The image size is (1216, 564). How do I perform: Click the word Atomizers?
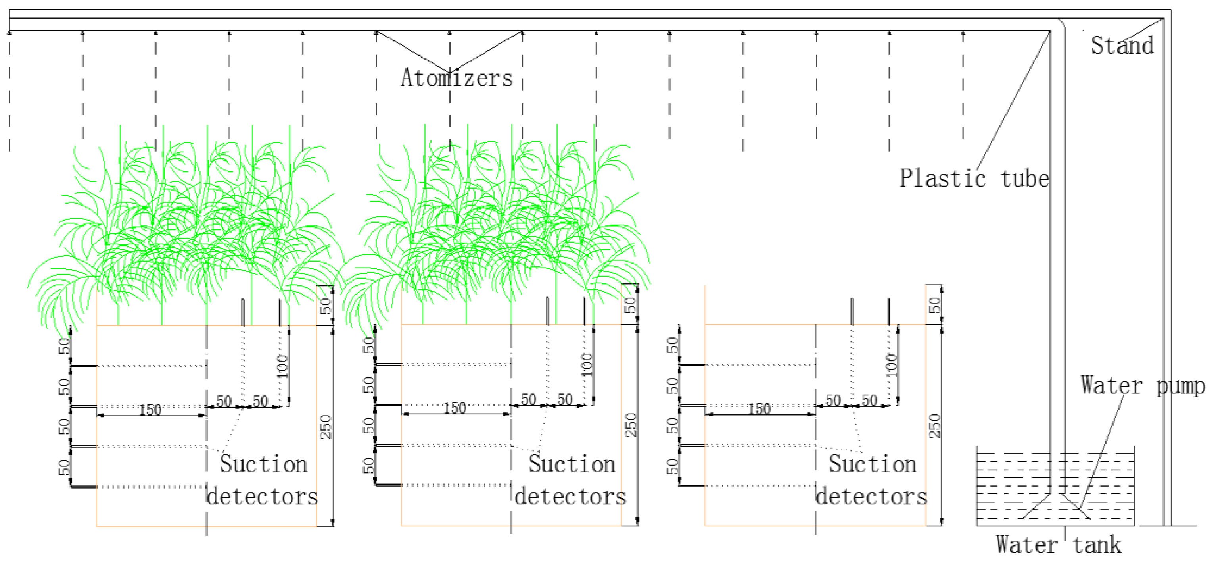(456, 78)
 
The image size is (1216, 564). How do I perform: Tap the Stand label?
(1122, 46)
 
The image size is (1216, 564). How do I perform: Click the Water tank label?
(1058, 545)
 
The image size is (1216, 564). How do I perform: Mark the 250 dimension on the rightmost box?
(935, 425)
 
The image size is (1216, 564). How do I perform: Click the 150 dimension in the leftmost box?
(150, 410)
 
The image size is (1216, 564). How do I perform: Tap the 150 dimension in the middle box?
(455, 408)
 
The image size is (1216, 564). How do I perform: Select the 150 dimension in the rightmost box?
(759, 408)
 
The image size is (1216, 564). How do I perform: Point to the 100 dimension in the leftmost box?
(282, 366)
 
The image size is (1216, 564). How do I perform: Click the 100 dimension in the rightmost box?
(891, 365)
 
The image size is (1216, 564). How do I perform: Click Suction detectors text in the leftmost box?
(263, 480)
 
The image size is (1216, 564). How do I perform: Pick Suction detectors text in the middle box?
(571, 480)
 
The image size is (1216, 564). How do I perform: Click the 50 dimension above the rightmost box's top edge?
(935, 305)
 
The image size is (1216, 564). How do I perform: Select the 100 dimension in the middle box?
(587, 365)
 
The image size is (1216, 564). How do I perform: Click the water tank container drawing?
(1055, 487)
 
